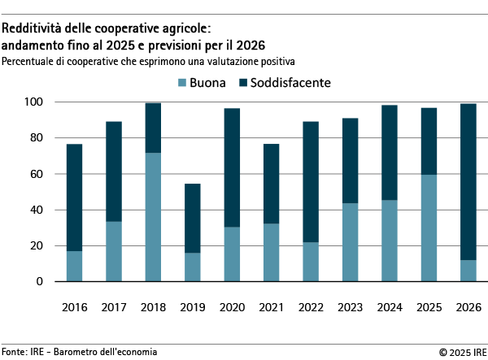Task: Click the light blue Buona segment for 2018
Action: [153, 217]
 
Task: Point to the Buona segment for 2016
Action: [74, 266]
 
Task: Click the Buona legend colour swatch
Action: [181, 82]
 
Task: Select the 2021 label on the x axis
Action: [271, 308]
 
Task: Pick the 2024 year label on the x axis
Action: [390, 308]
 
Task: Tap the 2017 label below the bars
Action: [113, 308]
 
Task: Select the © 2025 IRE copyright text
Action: [460, 352]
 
